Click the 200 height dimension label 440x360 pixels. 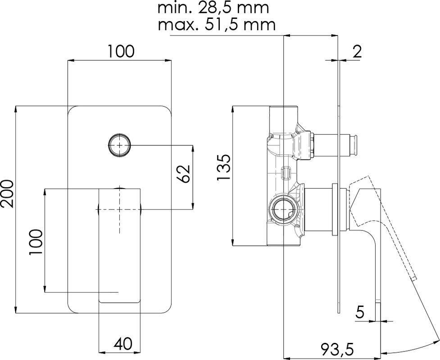point(7,193)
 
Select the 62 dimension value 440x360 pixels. point(184,173)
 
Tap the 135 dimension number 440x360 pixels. point(224,168)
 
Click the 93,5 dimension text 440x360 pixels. point(337,349)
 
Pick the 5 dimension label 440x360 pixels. point(360,311)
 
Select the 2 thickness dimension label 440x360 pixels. point(357,51)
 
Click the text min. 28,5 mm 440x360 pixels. point(213,8)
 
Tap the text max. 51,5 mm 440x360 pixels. point(216,24)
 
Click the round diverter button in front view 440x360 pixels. point(119,145)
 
